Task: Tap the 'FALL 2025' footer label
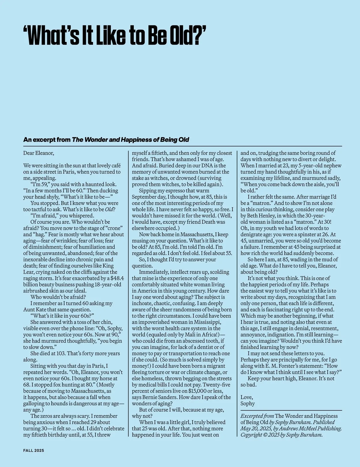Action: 34,451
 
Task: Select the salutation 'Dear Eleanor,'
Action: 39,153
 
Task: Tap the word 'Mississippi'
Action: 206,322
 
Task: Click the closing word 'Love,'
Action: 247,397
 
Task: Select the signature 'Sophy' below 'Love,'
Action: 247,403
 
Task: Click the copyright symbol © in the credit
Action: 266,435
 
